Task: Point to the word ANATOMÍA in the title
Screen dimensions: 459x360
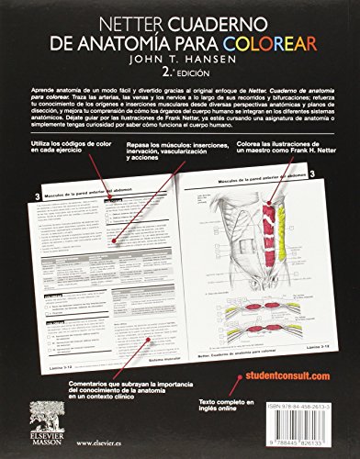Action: click(139, 40)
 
